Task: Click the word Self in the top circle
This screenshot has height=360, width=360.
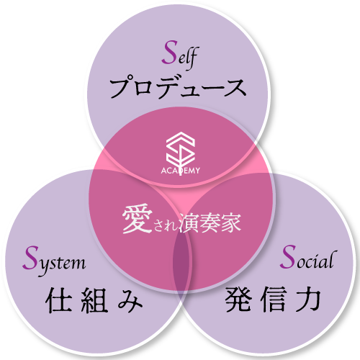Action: coord(180,55)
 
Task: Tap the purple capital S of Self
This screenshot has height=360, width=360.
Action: coord(169,53)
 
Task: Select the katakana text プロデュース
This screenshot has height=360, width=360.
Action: coord(178,87)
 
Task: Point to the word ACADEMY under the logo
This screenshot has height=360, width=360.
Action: coord(181,171)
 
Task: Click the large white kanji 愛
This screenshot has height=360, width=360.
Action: coord(137,220)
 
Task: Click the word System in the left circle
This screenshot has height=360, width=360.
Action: coord(54,261)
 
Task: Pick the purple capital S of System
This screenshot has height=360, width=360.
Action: coord(31,258)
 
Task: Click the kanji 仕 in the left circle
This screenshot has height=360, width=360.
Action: coord(58,300)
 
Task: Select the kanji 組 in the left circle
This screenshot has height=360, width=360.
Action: coord(94,300)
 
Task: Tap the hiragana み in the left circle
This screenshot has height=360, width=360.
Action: coord(130,300)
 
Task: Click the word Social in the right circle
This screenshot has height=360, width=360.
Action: coord(308,258)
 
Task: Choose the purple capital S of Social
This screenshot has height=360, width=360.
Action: coord(288,256)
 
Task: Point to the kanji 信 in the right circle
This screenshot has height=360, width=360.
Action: coord(274,299)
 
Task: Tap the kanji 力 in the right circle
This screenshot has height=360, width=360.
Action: coord(308,299)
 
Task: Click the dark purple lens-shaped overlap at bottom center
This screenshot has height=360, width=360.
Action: coord(181,261)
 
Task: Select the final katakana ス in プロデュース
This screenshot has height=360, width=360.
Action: coord(235,88)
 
